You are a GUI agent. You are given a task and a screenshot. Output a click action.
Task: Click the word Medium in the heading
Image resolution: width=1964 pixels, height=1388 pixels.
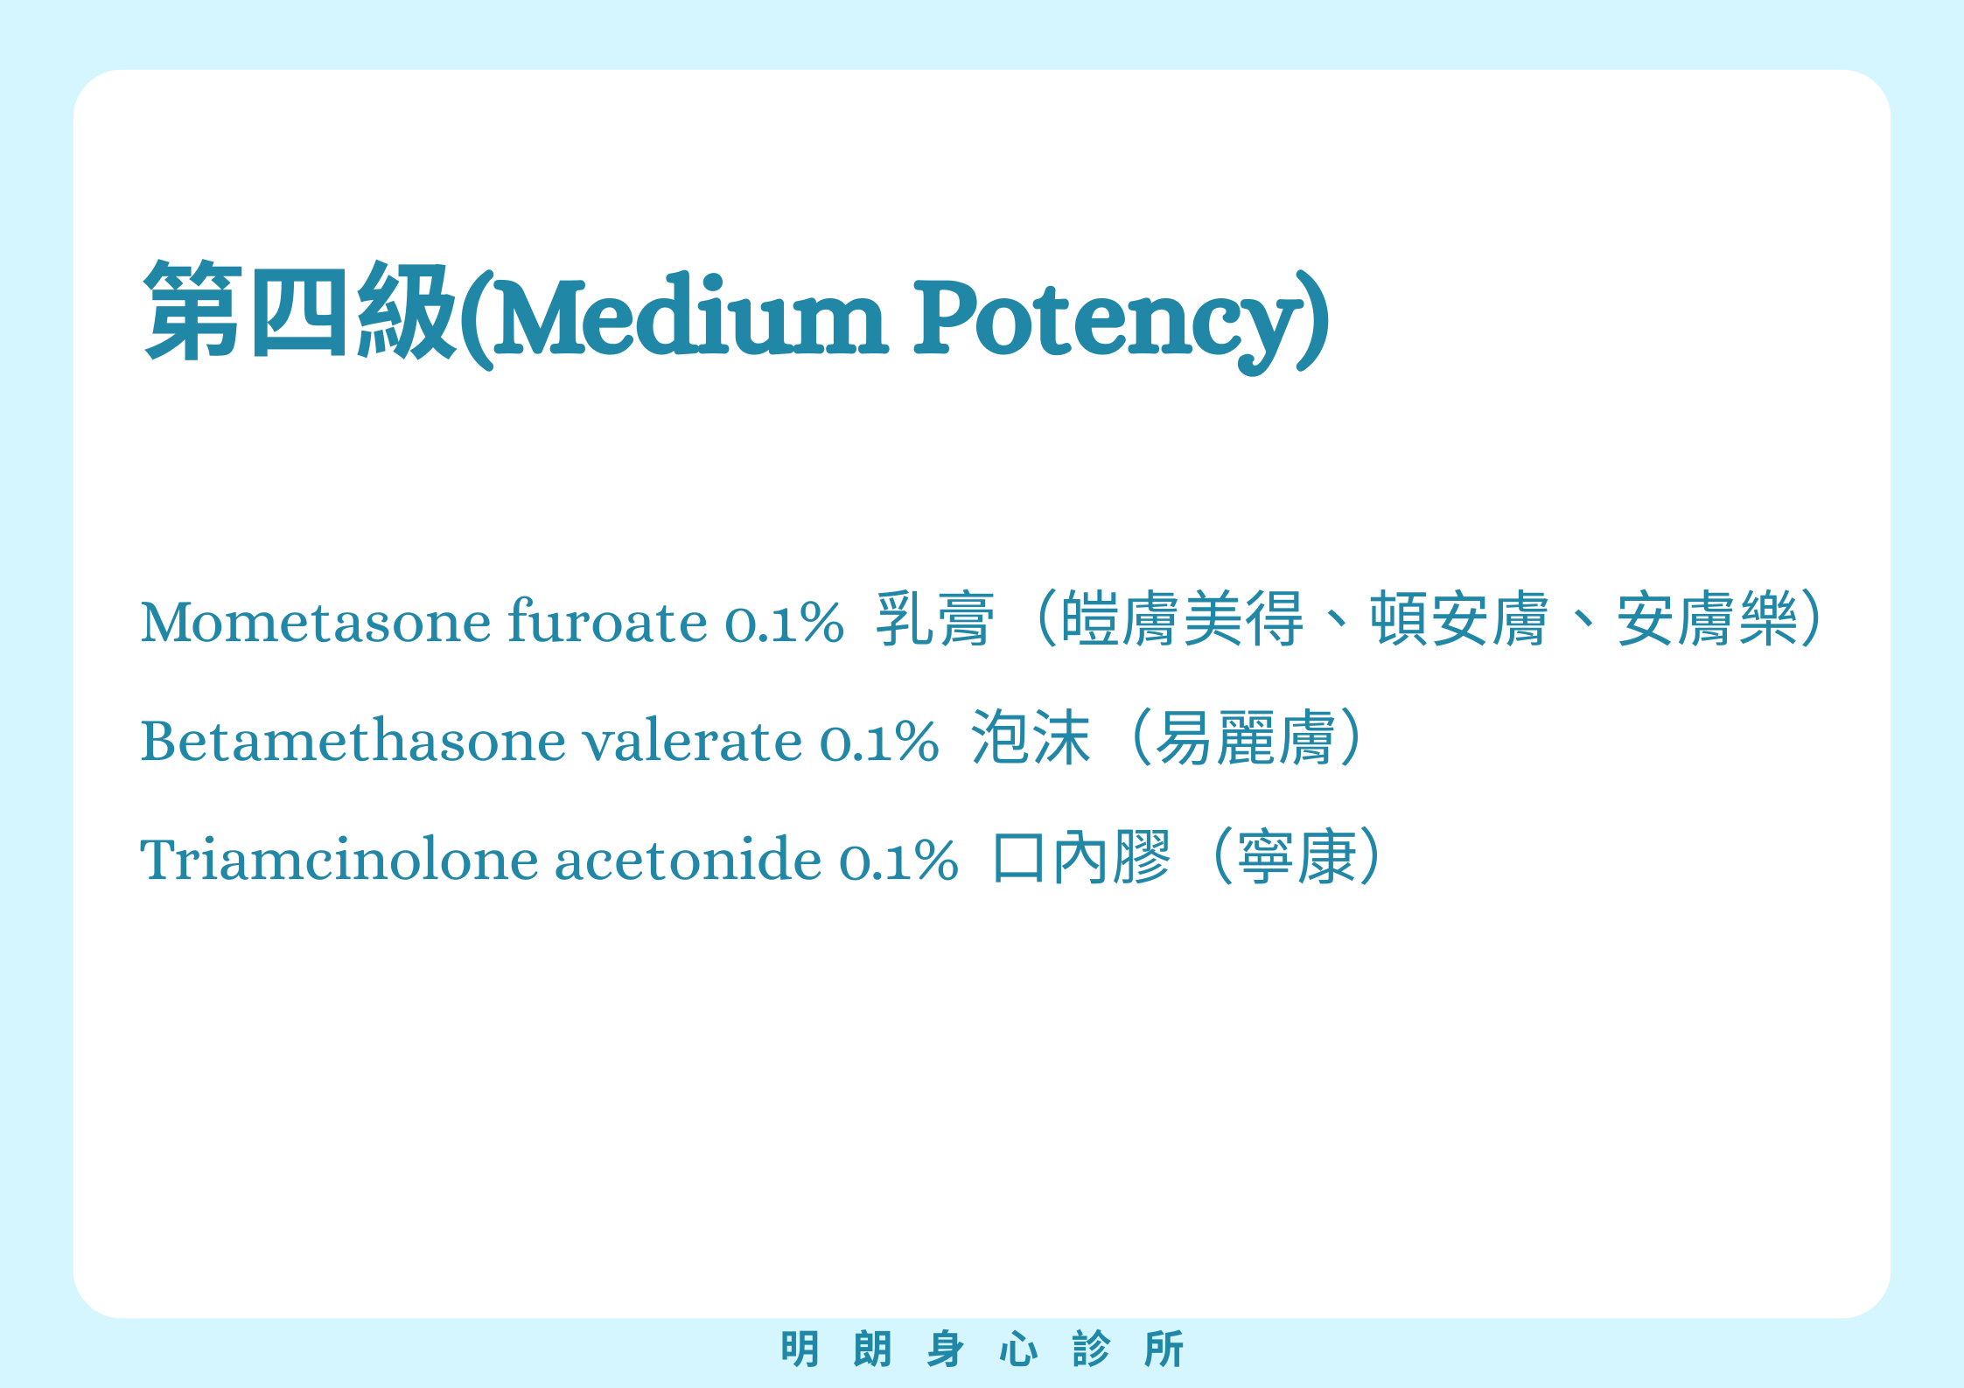691,316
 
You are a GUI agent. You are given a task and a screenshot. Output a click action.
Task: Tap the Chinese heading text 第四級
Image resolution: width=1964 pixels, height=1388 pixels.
300,310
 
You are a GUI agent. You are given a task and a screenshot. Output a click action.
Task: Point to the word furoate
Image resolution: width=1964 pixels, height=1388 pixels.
608,620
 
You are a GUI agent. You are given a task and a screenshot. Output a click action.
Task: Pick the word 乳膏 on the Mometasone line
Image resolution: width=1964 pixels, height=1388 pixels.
935,618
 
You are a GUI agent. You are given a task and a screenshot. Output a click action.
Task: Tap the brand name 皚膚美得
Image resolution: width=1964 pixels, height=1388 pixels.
1182,618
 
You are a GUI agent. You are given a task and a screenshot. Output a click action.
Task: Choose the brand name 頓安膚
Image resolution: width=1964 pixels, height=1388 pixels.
1459,618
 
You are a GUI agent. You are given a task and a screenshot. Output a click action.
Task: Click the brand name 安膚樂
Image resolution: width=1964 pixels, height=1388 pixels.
1707,618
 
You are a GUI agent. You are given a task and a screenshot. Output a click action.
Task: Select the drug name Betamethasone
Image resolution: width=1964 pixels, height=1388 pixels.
353,740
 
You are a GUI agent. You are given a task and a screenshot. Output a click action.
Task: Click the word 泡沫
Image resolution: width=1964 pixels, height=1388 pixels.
1031,737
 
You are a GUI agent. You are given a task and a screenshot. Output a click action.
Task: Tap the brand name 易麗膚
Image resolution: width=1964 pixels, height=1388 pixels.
1246,737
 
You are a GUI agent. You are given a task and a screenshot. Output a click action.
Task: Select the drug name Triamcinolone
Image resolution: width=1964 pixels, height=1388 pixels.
339,858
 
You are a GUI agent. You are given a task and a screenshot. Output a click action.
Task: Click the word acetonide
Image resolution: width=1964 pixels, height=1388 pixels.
688,858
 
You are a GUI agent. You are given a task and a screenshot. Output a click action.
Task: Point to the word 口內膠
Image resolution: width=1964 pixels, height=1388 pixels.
1081,856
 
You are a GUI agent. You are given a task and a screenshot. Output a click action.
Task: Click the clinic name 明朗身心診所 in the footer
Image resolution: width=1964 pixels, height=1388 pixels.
982,1349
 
